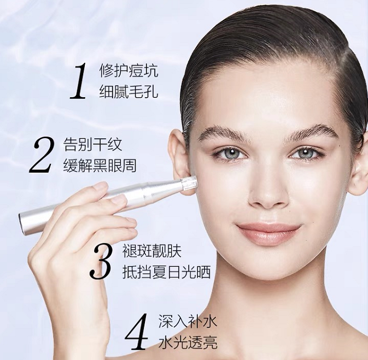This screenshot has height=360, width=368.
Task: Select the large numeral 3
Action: [101, 261]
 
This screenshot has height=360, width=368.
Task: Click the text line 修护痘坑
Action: [128, 70]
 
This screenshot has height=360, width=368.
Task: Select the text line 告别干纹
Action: [92, 144]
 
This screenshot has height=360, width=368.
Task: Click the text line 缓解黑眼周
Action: [100, 166]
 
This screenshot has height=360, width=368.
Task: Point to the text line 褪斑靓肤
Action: [152, 251]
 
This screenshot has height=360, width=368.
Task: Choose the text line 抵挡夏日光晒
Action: [166, 272]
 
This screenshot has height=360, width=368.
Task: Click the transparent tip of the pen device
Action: [189, 182]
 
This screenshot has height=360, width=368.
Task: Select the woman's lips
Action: [268, 232]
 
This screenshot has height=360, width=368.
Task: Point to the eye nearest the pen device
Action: [231, 153]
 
